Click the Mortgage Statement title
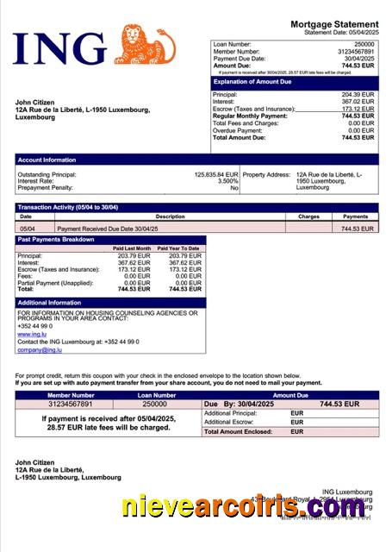coord(334,23)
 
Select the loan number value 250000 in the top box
coord(364,43)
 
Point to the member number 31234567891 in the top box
coord(355,51)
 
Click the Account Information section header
coord(47,160)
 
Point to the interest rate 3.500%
coord(227,181)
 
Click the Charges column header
coord(308,216)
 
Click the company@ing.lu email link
coord(39,349)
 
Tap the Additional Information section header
coord(49,303)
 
